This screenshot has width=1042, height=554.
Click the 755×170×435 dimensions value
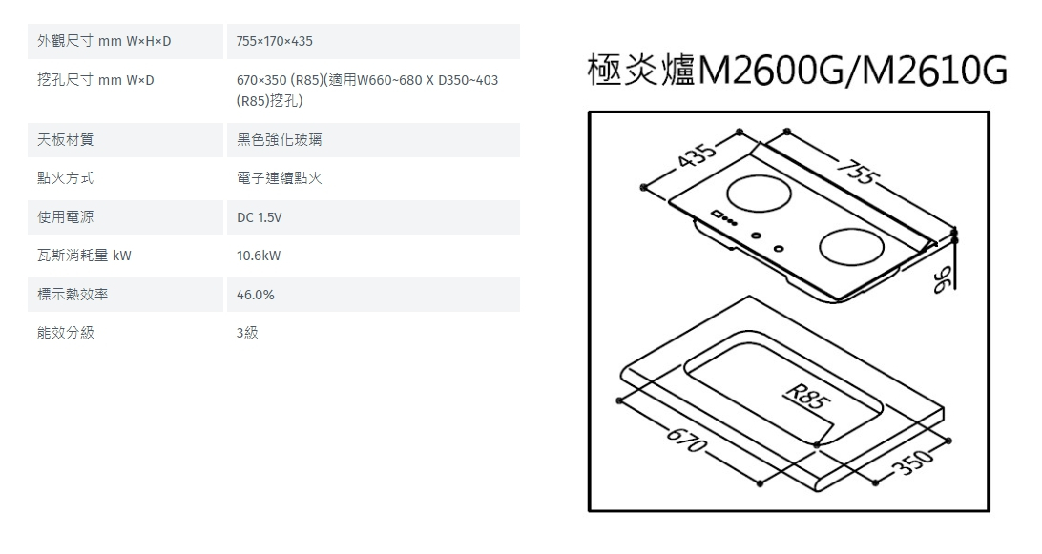pyautogui.click(x=275, y=42)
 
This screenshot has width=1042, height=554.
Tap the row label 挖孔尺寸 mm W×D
pyautogui.click(x=95, y=81)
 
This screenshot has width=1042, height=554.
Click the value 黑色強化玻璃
pyautogui.click(x=280, y=140)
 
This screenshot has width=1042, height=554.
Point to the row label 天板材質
pyautogui.click(x=66, y=140)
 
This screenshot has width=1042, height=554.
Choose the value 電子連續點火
pyautogui.click(x=280, y=179)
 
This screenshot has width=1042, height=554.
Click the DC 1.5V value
pyautogui.click(x=260, y=218)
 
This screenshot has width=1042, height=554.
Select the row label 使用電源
pyautogui.click(x=66, y=218)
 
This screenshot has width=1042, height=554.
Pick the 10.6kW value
pyautogui.click(x=259, y=256)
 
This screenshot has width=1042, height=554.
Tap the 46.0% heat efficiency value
pyautogui.click(x=256, y=296)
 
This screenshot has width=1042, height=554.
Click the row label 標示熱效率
pyautogui.click(x=73, y=296)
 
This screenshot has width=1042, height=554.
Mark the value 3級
pyautogui.click(x=247, y=334)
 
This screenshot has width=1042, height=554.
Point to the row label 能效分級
pyautogui.click(x=66, y=334)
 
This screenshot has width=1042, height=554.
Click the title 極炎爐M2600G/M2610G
pyautogui.click(x=798, y=72)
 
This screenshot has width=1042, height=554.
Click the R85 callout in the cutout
pyautogui.click(x=802, y=393)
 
